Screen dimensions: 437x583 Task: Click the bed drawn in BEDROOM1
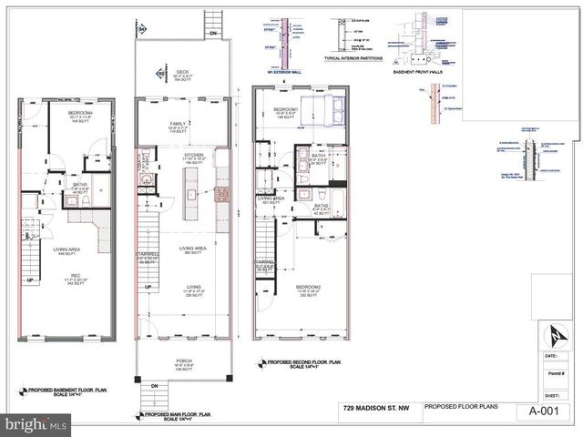point(323,114)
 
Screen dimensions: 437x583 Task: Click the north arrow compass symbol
point(553,335)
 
